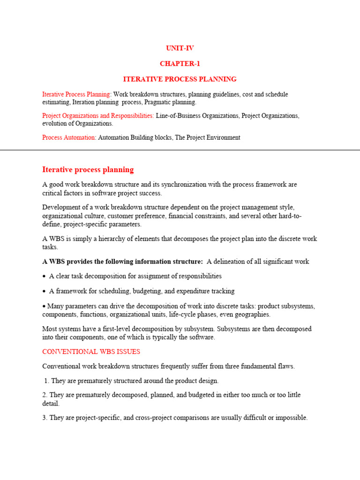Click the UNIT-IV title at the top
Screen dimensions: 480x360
[x=180, y=48]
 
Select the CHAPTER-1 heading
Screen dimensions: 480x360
[x=180, y=64]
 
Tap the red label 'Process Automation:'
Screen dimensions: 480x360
[x=69, y=138]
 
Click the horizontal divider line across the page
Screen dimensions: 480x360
[x=180, y=150]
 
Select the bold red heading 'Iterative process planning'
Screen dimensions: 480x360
[x=88, y=170]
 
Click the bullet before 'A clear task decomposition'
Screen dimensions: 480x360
[x=44, y=277]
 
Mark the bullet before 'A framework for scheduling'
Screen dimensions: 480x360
[x=44, y=292]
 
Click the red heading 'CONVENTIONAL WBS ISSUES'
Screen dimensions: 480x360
[x=91, y=352]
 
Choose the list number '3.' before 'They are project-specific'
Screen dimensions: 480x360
[x=45, y=418]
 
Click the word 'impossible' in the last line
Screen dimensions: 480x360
[x=292, y=418]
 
